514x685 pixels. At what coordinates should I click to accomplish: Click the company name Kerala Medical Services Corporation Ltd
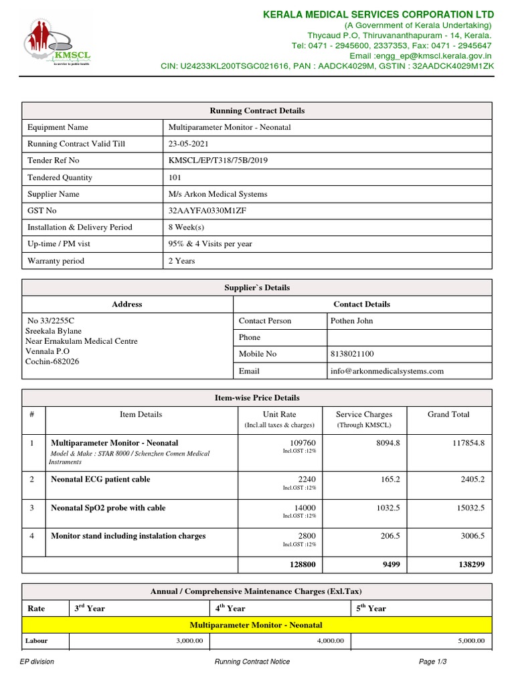pyautogui.click(x=379, y=15)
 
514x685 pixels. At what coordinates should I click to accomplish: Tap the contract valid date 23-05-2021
pyautogui.click(x=191, y=144)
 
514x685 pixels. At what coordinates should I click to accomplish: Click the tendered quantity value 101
pyautogui.click(x=177, y=177)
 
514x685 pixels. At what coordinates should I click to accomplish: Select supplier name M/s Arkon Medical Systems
pyautogui.click(x=218, y=194)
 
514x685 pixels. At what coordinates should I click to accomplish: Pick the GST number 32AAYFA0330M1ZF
pyautogui.click(x=208, y=211)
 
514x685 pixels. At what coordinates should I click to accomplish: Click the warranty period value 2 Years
pyautogui.click(x=182, y=261)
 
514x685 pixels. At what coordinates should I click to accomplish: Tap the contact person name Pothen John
pyautogui.click(x=352, y=320)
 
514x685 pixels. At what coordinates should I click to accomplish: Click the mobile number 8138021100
pyautogui.click(x=353, y=354)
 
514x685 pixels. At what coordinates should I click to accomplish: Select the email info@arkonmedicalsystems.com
pyautogui.click(x=387, y=371)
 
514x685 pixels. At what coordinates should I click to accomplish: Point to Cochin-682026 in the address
pyautogui.click(x=52, y=361)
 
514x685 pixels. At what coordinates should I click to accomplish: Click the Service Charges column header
pyautogui.click(x=363, y=415)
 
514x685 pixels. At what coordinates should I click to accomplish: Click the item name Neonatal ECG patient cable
pyautogui.click(x=100, y=480)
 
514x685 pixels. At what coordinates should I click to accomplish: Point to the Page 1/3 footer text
pyautogui.click(x=432, y=662)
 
